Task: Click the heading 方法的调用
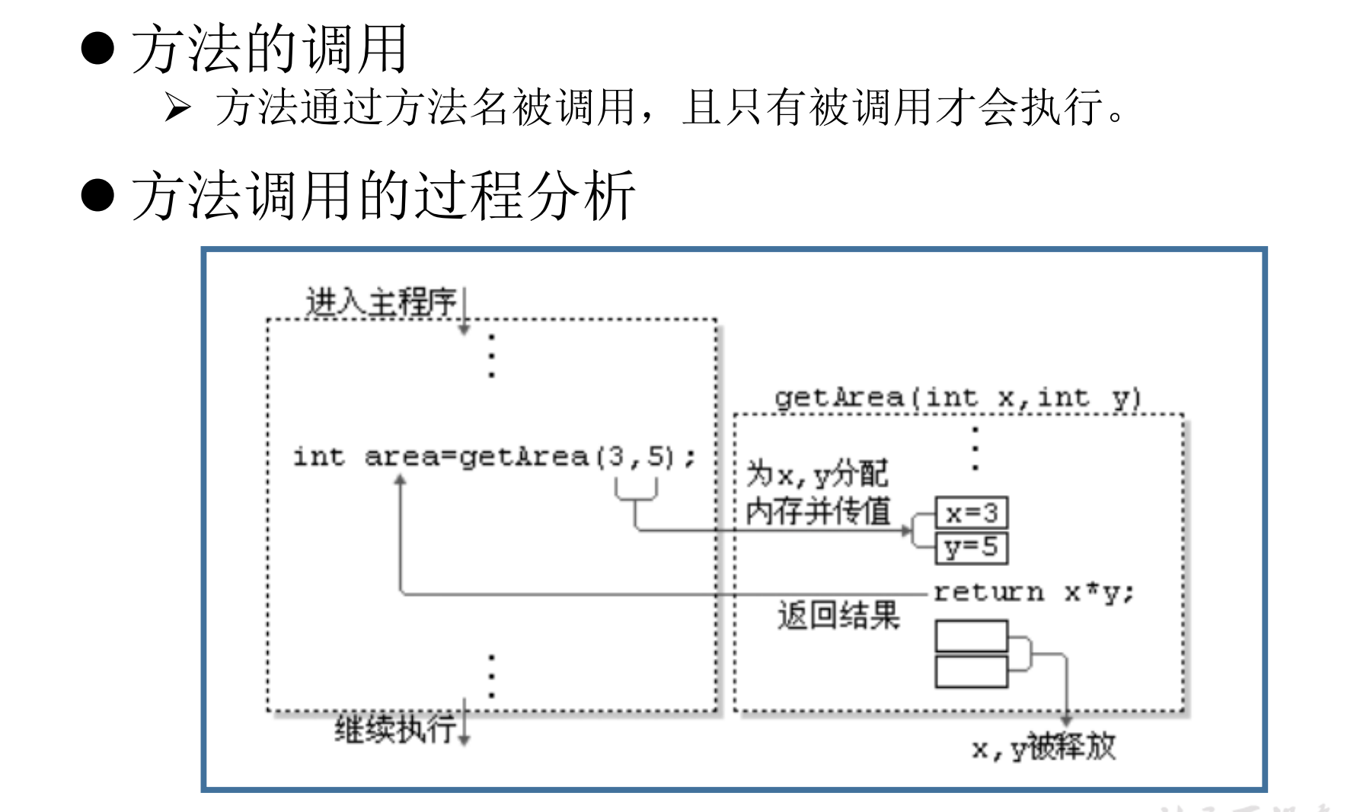pyautogui.click(x=270, y=49)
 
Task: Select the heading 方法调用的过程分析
pyautogui.click(x=383, y=196)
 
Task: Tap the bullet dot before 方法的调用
pyautogui.click(x=97, y=49)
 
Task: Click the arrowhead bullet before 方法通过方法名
pyautogui.click(x=177, y=107)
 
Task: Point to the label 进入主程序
pyautogui.click(x=381, y=302)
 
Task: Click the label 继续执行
pyautogui.click(x=395, y=729)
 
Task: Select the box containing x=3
pyautogui.click(x=972, y=513)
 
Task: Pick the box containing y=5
pyautogui.click(x=972, y=548)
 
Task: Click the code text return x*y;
pyautogui.click(x=1034, y=592)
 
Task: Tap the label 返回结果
pyautogui.click(x=838, y=615)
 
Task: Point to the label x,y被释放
pyautogui.click(x=1044, y=747)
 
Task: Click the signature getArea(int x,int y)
pyautogui.click(x=957, y=398)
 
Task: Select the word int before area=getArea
pyautogui.click(x=319, y=456)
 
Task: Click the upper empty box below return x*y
pyautogui.click(x=972, y=636)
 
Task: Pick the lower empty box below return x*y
pyautogui.click(x=972, y=671)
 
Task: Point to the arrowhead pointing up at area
pyautogui.click(x=401, y=480)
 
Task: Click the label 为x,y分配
pyautogui.click(x=817, y=474)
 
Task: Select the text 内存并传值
pyautogui.click(x=819, y=511)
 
